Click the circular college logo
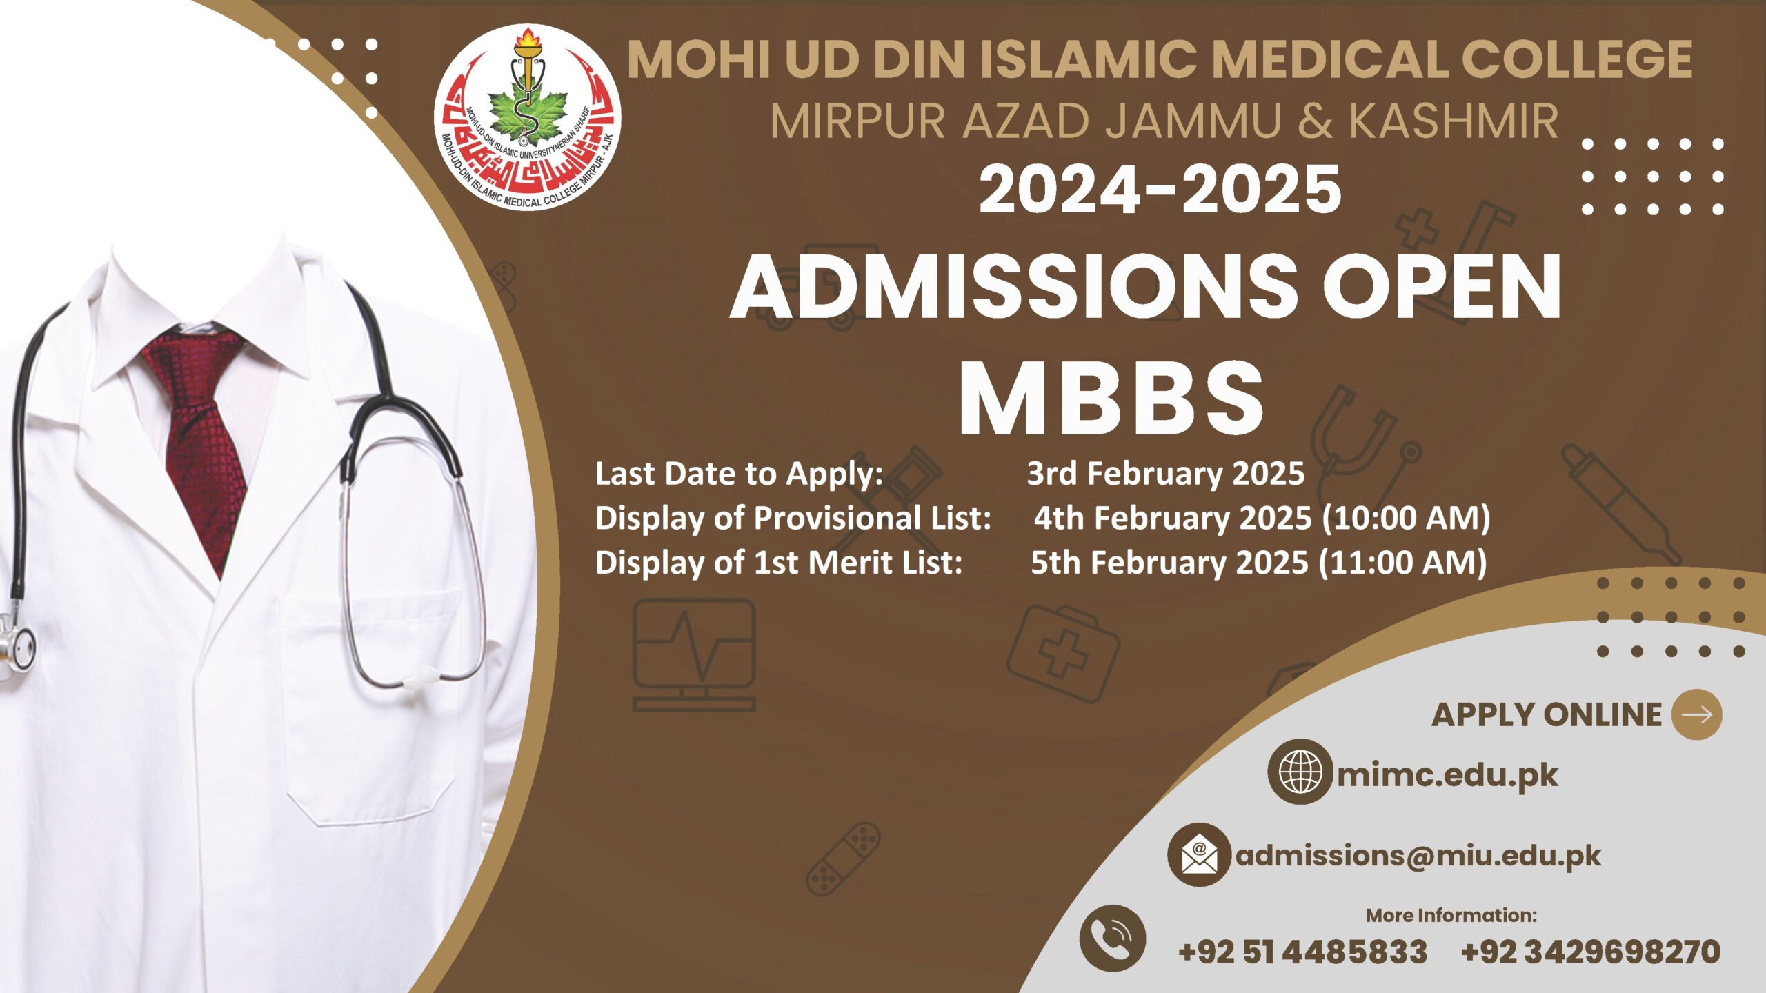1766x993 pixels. [x=528, y=117]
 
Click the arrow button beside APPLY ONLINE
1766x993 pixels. [x=1696, y=714]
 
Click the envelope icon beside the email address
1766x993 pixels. [x=1199, y=855]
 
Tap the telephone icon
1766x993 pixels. [x=1112, y=938]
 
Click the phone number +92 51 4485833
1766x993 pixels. [x=1302, y=952]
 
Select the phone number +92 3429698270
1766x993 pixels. [x=1590, y=952]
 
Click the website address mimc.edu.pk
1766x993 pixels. [x=1447, y=775]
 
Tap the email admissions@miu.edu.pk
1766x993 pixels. [x=1418, y=856]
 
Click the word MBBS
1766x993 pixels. [x=1111, y=399]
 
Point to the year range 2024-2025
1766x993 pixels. [x=1160, y=189]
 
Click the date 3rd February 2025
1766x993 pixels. [x=1165, y=474]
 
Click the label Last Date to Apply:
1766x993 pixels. [x=739, y=474]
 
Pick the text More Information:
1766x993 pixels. [x=1451, y=915]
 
